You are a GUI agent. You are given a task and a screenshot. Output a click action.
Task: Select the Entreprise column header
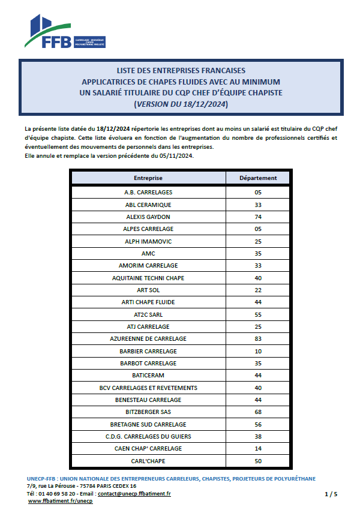tap(148, 178)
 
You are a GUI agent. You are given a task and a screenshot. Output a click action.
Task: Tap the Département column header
tap(258, 178)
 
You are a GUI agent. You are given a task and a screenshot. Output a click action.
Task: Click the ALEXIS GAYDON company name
tap(148, 217)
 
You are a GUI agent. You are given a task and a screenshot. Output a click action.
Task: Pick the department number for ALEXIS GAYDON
tap(258, 217)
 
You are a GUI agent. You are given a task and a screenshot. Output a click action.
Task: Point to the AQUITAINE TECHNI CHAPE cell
tap(148, 278)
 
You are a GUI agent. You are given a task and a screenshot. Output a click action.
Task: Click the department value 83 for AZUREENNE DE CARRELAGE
tap(258, 338)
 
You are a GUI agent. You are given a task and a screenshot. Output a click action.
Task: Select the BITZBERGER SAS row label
tap(148, 412)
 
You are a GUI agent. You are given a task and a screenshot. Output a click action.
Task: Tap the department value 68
tap(258, 412)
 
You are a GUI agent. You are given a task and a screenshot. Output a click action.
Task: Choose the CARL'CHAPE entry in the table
tap(148, 461)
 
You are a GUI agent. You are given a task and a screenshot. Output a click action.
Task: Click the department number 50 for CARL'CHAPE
tap(258, 461)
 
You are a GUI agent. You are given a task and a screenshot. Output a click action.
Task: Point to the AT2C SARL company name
tap(148, 314)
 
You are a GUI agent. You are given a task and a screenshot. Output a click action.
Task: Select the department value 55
tap(258, 314)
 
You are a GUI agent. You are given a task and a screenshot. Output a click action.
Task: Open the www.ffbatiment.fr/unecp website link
tap(61, 501)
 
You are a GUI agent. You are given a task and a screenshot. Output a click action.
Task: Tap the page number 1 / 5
tap(331, 494)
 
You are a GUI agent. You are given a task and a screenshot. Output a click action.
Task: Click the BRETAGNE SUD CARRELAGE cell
tap(148, 424)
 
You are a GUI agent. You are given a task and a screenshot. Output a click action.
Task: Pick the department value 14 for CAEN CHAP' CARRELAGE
tap(258, 448)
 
